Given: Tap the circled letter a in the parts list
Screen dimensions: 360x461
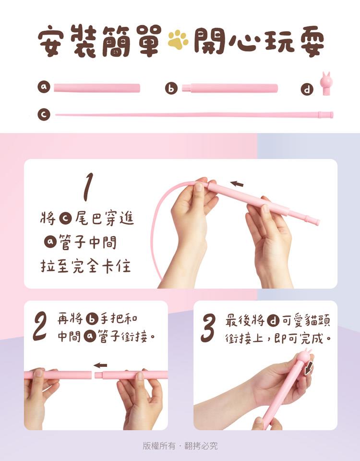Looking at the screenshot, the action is coord(44,87).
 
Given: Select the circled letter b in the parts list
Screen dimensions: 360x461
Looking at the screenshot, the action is coord(171,88).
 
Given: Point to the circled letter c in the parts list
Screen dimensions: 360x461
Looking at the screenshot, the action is coord(44,114).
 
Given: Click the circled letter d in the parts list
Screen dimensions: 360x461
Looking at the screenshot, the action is coord(307,89).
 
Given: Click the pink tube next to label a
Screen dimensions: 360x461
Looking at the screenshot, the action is coord(97,88).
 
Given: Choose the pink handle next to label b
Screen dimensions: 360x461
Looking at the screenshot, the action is coord(230,88).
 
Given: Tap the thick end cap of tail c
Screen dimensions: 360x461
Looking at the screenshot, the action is coord(325,115).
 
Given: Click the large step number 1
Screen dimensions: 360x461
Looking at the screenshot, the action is coord(87,187).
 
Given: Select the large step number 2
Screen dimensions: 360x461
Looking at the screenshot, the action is coord(40,326).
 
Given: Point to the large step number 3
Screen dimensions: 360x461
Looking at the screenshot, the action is coord(208,328).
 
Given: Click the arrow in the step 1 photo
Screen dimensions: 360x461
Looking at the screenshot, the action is coord(237,184).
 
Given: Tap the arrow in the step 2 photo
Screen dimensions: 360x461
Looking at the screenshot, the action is coord(100,365).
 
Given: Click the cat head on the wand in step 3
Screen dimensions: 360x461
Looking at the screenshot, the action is coord(305,355).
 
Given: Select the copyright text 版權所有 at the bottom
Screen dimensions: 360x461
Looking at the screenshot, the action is coord(159,446).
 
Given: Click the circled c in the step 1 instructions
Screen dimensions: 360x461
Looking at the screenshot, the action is coord(65,219).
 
